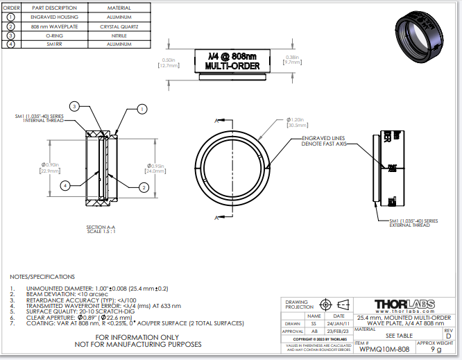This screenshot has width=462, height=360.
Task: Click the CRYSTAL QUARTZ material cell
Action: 119,26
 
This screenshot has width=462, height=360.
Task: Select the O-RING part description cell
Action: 54,35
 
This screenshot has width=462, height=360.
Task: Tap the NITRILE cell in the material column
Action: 119,35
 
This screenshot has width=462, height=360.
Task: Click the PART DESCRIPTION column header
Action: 54,8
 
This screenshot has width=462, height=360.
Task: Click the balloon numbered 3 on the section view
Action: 75,105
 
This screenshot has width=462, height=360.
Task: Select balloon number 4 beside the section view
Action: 65,185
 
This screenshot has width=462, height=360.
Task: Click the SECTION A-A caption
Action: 101,229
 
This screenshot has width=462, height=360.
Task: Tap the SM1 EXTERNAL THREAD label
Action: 415,222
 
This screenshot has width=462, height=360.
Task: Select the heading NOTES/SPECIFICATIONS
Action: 42,276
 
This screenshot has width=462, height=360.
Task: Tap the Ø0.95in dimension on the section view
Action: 157,167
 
